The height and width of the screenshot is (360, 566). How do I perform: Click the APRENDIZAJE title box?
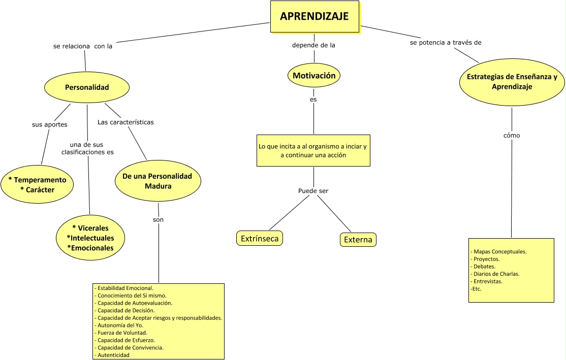pos(314,17)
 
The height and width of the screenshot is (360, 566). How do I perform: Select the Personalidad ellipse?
pos(87,87)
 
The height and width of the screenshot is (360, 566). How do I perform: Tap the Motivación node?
pos(313,76)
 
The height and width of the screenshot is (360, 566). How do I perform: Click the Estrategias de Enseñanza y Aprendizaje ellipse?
pos(512,82)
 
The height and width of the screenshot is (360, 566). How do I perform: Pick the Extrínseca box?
pos(260,238)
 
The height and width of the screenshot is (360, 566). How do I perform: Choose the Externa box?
pos(358,240)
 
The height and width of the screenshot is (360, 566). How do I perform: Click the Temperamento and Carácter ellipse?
pos(37,185)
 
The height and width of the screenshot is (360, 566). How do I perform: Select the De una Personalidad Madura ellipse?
pos(158,181)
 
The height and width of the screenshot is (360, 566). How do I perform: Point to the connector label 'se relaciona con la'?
pos(83,46)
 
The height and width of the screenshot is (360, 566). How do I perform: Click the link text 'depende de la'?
pos(313,45)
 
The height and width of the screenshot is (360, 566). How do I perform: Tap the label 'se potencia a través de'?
pos(446,43)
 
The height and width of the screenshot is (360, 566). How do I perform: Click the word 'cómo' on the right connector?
pos(512,136)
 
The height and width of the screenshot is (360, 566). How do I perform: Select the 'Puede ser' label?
pos(313,191)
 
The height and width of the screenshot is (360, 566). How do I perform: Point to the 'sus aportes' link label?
pos(49,124)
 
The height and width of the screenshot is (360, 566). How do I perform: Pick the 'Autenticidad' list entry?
pos(113,355)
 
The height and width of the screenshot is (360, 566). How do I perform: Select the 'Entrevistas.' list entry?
pos(487,281)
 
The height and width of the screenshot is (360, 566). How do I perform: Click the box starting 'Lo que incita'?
pos(313,150)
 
